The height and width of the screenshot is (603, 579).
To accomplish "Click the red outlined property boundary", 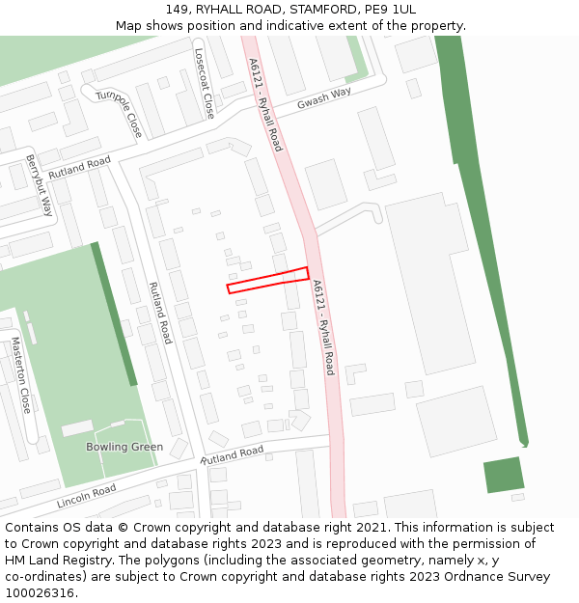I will (268, 280).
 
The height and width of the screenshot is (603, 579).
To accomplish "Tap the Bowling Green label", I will (124, 447).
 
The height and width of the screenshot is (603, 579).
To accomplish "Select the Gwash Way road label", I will (324, 98).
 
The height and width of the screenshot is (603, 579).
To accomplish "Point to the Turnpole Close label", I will (118, 111).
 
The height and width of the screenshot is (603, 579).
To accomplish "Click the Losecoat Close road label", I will (205, 84).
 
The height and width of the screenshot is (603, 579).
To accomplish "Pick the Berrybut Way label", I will (40, 184).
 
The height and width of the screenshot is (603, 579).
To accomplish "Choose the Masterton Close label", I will (21, 375).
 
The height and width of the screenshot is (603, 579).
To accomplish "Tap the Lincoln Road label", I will (86, 497).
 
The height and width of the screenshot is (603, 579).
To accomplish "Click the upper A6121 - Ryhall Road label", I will (264, 104).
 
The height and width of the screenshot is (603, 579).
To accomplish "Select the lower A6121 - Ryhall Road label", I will (323, 327).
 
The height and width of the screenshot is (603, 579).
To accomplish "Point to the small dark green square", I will (503, 475).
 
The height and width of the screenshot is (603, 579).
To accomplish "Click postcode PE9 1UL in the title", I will (391, 10).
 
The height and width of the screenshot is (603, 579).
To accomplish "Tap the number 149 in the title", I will (178, 10).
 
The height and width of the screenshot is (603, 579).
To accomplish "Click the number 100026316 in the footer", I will (40, 592).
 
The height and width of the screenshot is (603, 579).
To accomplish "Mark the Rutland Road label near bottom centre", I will (232, 454).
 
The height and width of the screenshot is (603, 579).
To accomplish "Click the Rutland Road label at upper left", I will (79, 167).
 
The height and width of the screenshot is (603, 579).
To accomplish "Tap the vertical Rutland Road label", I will (159, 313).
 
